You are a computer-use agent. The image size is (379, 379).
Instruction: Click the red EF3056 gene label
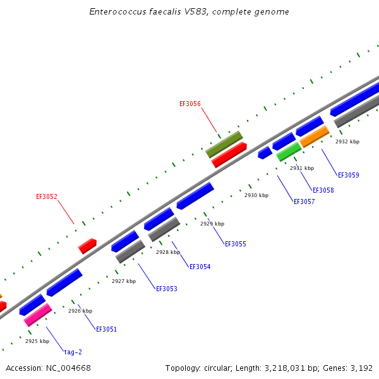click(190, 104)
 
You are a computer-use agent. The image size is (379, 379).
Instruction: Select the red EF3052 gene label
click(47, 196)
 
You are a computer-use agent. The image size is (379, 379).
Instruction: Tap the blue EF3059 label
click(348, 175)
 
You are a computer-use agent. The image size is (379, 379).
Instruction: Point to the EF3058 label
click(323, 190)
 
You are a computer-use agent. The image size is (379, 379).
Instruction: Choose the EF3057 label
click(304, 202)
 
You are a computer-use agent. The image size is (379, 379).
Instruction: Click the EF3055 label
click(236, 244)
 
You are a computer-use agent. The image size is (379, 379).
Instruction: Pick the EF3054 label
click(200, 267)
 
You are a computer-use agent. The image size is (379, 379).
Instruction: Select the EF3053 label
click(167, 289)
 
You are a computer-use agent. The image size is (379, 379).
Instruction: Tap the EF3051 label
click(106, 329)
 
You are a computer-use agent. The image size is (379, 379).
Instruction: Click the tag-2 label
click(73, 352)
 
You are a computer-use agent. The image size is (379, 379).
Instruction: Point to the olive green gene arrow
click(224, 144)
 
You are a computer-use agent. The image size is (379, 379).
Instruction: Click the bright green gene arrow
click(289, 152)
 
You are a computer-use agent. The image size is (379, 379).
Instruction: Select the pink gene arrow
click(38, 315)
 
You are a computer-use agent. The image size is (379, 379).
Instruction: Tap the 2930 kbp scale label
click(256, 195)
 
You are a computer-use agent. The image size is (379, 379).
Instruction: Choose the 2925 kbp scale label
click(37, 341)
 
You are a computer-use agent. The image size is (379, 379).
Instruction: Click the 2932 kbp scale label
click(347, 141)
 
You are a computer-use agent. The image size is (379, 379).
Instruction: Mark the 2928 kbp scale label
click(168, 252)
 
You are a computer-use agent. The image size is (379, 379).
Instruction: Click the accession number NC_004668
click(68, 368)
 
